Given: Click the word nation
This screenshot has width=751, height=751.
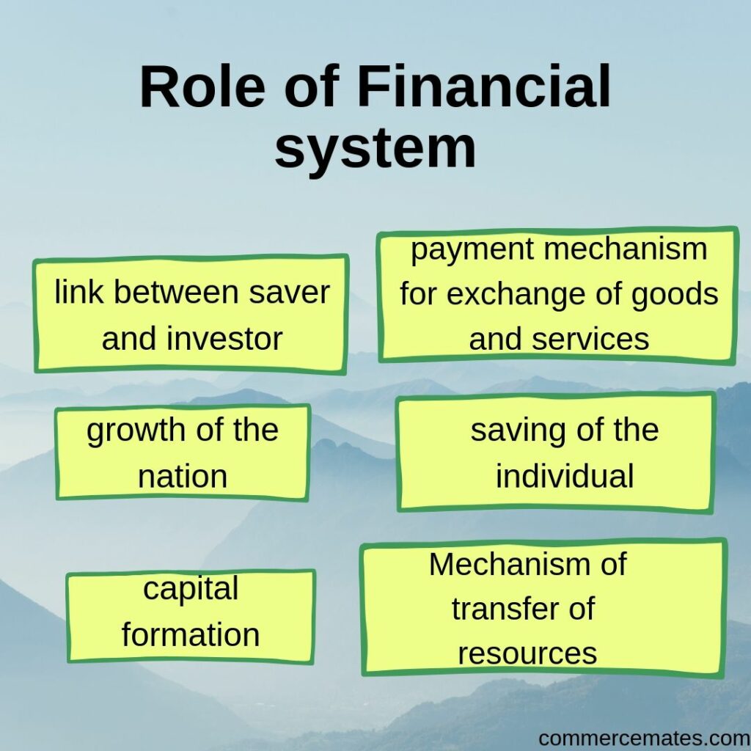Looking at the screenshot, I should point(183,477).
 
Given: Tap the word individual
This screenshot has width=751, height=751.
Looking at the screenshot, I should point(564,477).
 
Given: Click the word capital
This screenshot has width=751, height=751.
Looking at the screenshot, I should point(191,589).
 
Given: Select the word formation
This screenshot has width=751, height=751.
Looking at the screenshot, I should point(191,634).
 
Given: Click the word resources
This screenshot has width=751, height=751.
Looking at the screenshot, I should point(527,653).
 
